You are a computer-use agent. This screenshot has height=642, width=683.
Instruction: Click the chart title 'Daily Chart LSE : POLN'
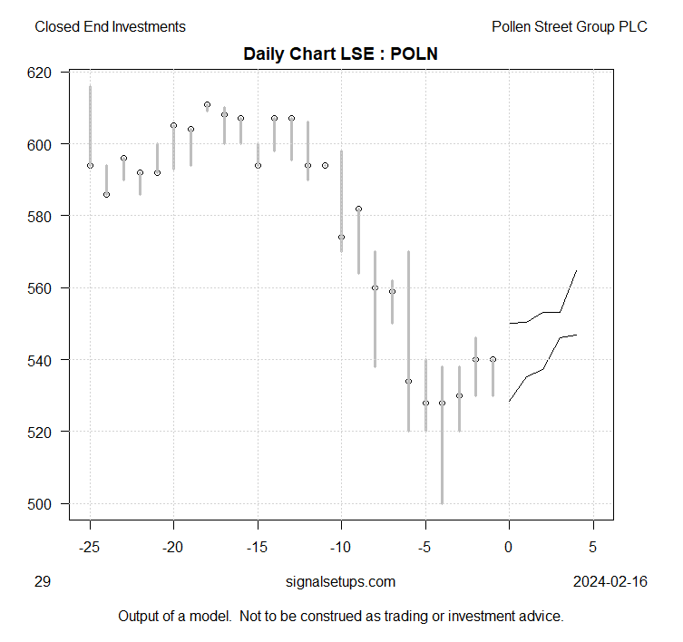point(341,54)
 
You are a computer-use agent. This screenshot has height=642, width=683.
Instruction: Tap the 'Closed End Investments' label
point(110,27)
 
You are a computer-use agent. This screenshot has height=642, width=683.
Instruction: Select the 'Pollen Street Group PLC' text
point(569,27)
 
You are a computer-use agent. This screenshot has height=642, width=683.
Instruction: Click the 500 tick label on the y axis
point(43,503)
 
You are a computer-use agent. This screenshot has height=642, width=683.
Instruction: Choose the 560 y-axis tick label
point(43,287)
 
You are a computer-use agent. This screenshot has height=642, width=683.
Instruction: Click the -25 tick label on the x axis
point(90,547)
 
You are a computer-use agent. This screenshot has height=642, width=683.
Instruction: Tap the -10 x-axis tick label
point(341,547)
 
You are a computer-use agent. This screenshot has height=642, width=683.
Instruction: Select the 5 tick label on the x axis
point(593,547)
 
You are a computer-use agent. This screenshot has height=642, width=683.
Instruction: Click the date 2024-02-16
point(610,581)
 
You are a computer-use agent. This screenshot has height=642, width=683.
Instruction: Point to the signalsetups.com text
point(340,581)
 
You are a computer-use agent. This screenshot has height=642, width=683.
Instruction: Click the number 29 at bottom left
point(43,581)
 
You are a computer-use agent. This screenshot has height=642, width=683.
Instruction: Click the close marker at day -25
point(90,165)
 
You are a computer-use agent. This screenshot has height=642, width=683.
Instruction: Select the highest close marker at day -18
point(207,104)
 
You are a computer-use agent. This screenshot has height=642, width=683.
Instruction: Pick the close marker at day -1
point(493,359)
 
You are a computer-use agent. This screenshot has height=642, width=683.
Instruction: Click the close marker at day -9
point(358,209)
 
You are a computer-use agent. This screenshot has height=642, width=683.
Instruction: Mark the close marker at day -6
point(408,381)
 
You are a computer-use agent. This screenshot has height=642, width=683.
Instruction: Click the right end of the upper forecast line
point(577,270)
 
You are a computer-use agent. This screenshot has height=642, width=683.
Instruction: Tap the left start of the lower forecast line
point(509,401)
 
